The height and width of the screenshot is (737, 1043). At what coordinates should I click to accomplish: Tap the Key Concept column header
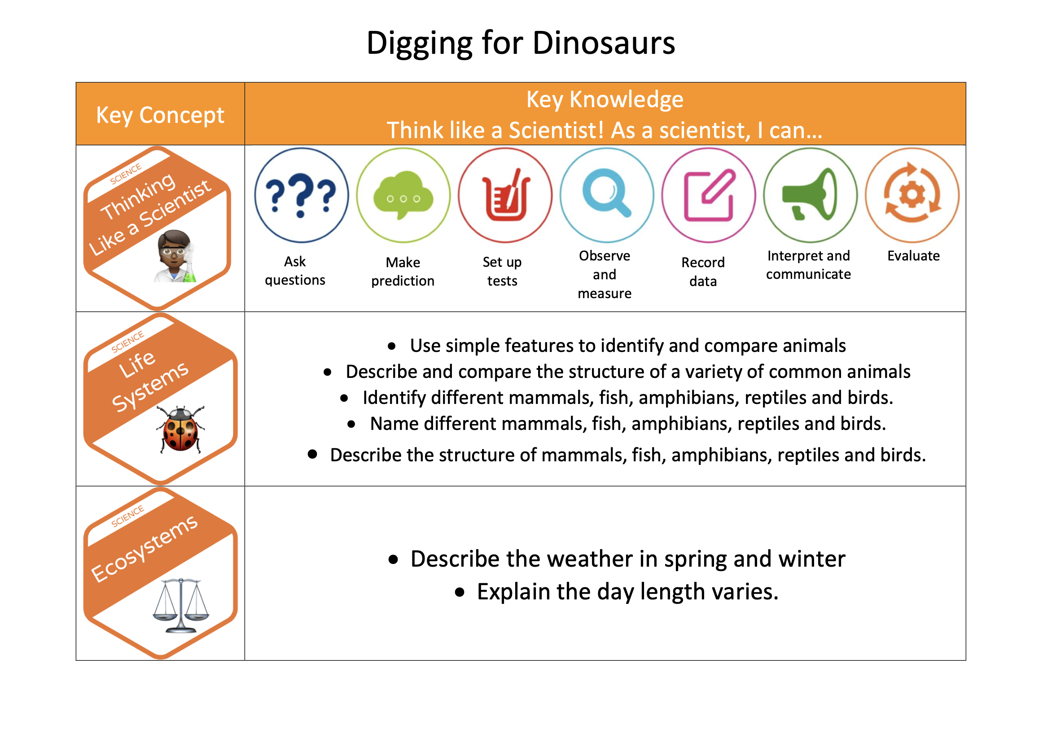160,115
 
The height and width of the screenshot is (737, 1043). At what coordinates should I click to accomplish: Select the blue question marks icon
301,195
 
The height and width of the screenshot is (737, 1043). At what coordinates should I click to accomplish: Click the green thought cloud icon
403,195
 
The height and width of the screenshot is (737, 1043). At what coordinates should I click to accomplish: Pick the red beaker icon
505,195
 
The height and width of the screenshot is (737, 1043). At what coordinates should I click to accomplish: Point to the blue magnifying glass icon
607,195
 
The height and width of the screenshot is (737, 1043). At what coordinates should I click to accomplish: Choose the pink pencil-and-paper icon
709,195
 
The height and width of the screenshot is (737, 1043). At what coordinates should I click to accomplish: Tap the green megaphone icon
811,195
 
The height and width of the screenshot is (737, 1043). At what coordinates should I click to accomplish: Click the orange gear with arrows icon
912,195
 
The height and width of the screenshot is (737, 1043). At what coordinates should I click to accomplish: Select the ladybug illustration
180,429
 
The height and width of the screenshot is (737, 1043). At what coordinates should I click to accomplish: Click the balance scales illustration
181,605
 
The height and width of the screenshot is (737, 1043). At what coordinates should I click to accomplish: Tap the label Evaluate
914,256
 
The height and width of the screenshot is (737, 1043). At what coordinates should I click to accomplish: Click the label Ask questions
295,271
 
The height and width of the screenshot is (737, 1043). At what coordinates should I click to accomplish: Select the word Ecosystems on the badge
145,549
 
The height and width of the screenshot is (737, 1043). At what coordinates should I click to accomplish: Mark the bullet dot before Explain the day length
460,592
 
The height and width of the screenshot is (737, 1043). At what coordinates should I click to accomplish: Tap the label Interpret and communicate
809,265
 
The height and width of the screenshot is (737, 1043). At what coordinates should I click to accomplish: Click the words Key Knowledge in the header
605,100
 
